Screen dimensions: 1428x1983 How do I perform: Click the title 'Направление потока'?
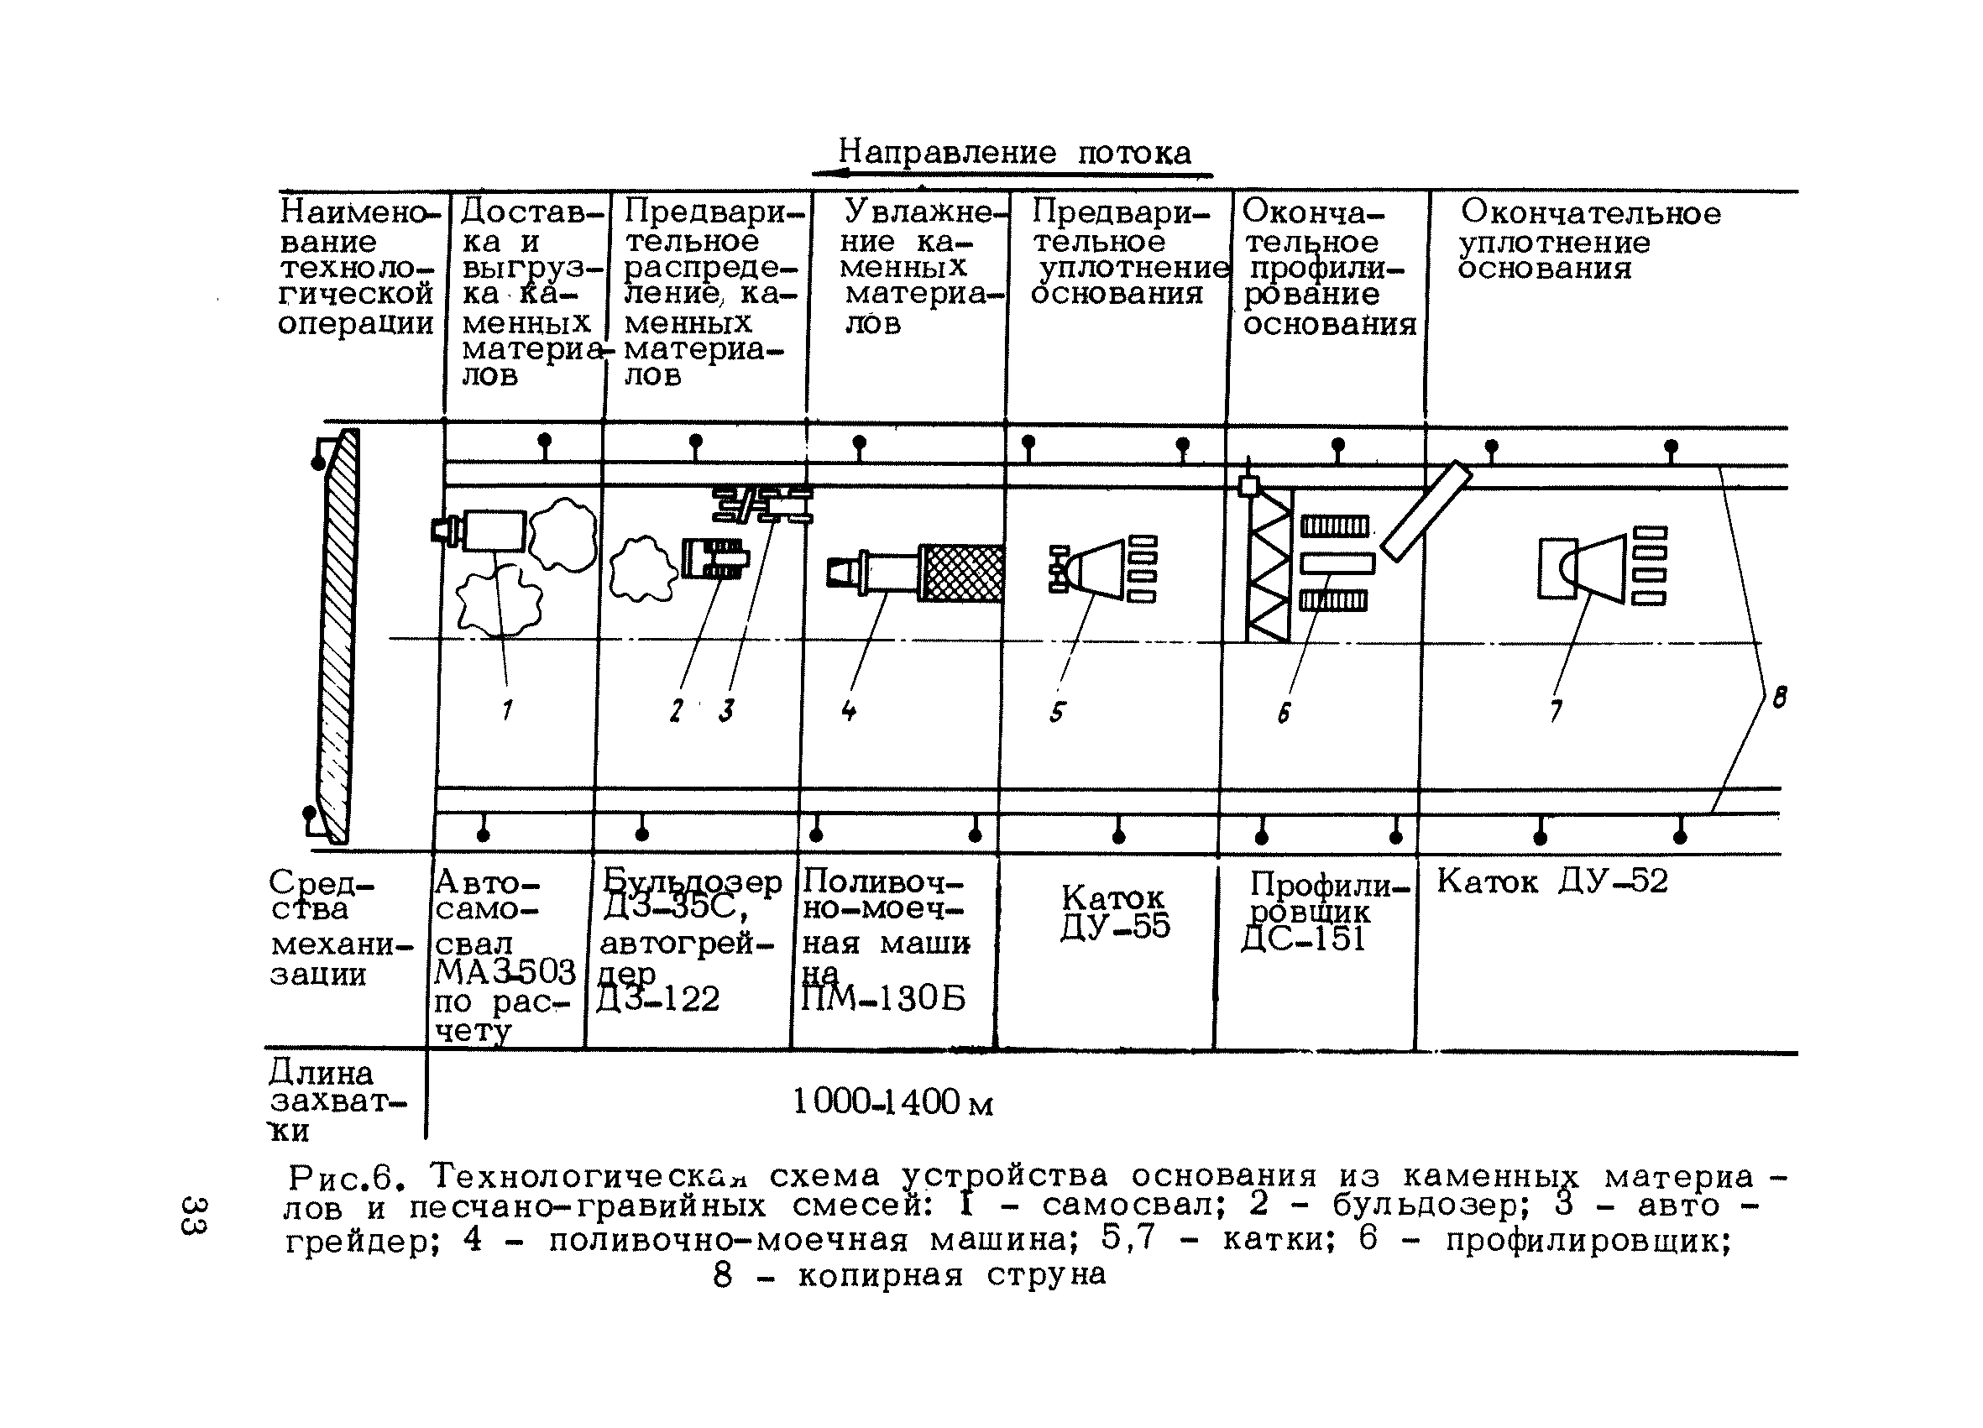(1014, 153)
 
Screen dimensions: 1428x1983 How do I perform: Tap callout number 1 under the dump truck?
(507, 710)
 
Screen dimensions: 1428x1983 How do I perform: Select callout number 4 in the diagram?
(848, 710)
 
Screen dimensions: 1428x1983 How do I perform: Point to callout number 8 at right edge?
(1779, 697)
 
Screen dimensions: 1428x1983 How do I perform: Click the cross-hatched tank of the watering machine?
(962, 573)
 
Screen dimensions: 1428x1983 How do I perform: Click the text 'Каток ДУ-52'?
(1552, 881)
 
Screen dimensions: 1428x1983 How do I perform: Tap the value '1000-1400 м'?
(892, 1103)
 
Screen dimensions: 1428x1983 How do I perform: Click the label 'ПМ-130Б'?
(883, 999)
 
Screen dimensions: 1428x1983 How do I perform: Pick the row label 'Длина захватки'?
(332, 1101)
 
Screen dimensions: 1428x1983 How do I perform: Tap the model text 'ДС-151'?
(1303, 940)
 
